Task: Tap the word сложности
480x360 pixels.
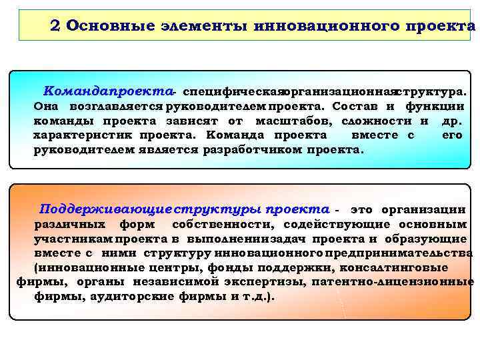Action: click(378, 121)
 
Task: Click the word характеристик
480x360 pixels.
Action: click(84, 135)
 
